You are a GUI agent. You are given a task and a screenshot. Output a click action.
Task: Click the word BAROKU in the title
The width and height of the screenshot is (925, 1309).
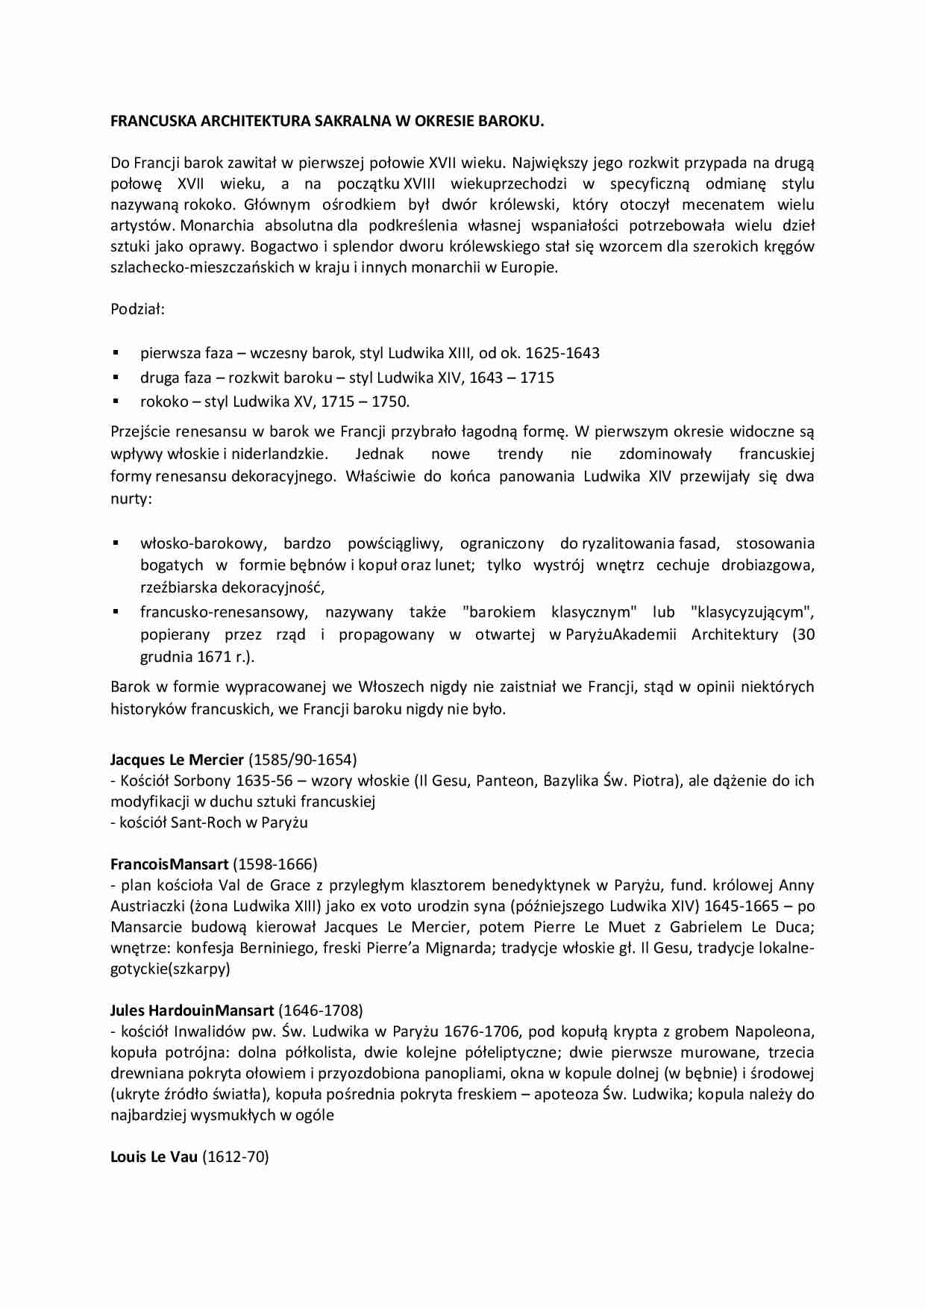(510, 121)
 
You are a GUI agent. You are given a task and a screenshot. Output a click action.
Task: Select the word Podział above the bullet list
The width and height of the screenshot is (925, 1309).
(137, 309)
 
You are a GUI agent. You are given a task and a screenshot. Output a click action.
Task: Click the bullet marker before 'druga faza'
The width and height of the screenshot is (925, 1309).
(116, 377)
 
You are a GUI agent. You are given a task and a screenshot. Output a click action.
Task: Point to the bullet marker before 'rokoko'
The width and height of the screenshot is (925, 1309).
(116, 401)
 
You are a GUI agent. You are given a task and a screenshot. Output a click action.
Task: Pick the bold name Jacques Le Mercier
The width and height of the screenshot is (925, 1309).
(177, 760)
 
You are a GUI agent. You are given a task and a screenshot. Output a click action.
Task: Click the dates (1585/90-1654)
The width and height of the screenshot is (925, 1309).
(302, 760)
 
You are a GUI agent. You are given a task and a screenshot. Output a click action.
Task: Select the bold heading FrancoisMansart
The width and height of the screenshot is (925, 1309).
(169, 864)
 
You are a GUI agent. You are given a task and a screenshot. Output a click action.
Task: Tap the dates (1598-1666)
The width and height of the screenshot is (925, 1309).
(275, 864)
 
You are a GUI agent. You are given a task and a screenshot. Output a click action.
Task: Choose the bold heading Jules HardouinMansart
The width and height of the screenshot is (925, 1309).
(192, 1010)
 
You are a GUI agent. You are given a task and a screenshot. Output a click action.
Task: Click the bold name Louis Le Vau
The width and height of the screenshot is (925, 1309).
(154, 1157)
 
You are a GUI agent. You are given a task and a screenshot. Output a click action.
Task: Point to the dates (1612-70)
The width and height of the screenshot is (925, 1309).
(236, 1157)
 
